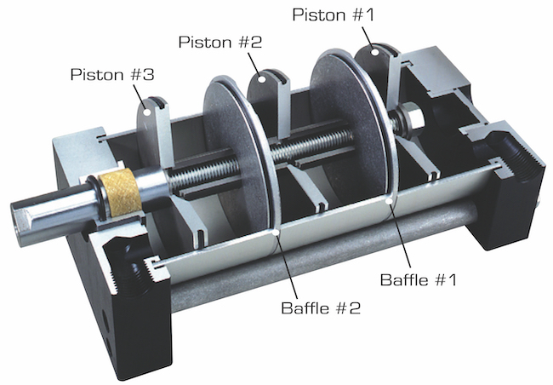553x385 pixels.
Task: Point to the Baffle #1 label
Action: [419, 279]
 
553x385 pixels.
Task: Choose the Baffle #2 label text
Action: [321, 308]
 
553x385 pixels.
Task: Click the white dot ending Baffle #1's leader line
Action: [391, 202]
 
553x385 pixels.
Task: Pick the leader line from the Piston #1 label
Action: [368, 34]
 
